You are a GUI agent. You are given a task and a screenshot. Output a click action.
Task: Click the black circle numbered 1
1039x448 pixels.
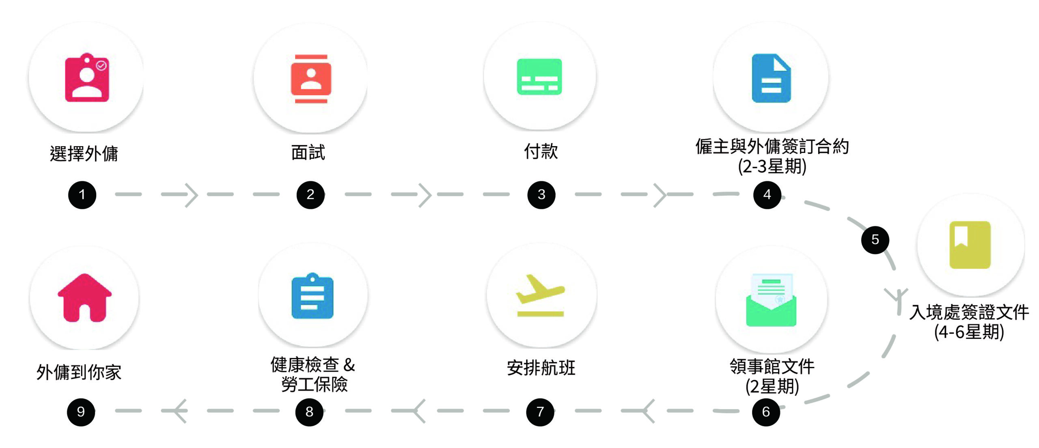point(82,195)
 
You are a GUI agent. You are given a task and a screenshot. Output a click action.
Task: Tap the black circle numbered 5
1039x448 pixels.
point(875,240)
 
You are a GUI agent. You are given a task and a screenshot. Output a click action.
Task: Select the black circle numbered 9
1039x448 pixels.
point(81,412)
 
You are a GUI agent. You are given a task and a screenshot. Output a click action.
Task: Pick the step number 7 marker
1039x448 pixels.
point(540,412)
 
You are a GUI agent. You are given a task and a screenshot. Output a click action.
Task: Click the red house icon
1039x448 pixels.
point(84,298)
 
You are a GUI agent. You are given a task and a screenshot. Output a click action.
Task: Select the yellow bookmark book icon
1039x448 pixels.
point(970,245)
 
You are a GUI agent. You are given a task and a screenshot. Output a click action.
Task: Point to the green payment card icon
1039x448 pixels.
point(539,77)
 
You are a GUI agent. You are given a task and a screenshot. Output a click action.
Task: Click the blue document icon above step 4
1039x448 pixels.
point(771,78)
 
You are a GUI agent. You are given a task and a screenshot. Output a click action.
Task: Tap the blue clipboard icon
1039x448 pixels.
point(312,296)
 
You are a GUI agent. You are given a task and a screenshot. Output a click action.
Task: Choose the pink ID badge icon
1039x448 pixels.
point(87,78)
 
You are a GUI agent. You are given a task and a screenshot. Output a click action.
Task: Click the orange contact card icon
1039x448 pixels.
point(311,78)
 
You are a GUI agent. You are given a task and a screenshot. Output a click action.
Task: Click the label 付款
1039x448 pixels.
point(541,151)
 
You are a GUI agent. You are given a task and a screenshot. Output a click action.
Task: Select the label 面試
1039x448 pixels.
point(308,153)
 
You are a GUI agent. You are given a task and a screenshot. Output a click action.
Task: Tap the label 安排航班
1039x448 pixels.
point(541,368)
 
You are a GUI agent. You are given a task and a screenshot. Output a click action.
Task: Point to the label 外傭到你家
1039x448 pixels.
point(79,372)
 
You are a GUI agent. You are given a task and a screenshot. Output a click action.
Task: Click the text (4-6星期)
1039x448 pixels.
point(969,332)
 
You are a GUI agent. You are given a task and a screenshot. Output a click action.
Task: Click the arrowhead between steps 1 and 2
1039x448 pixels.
point(192,195)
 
